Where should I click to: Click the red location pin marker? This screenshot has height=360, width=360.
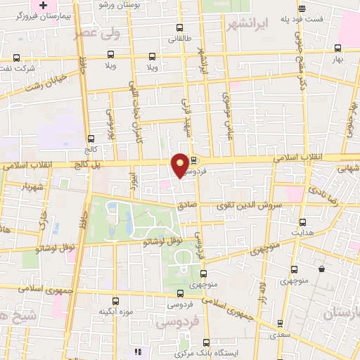click(x=181, y=165)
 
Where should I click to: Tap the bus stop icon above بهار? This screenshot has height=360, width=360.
click(x=337, y=48)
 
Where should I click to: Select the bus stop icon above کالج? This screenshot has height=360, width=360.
click(x=90, y=139)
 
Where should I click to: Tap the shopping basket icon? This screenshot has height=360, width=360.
click(x=321, y=269)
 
